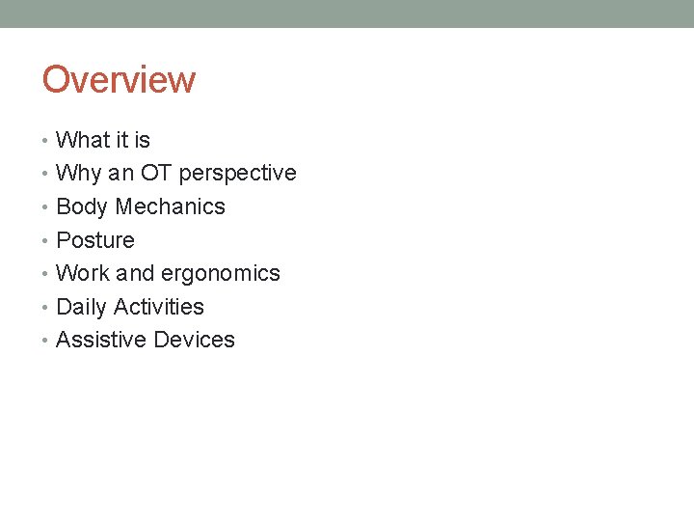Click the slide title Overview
(119, 79)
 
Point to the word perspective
(238, 174)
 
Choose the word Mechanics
(171, 206)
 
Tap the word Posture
(95, 240)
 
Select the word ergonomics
(221, 273)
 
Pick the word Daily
(82, 307)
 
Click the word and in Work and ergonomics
(135, 273)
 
